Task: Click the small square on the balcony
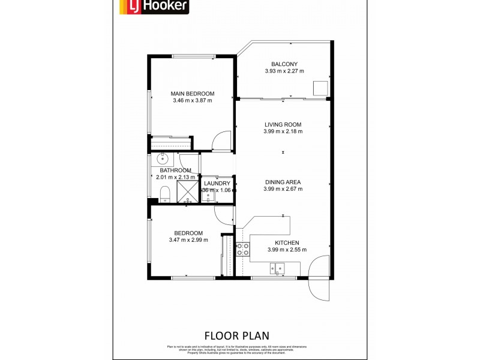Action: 320,88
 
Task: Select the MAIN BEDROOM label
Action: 192,94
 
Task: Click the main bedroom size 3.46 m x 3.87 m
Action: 192,101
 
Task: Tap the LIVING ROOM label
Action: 283,125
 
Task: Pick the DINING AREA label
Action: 282,182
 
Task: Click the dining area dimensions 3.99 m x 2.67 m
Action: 283,189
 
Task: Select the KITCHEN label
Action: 283,243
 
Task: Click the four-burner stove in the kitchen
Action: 243,249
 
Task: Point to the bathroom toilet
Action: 164,193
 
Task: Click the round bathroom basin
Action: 162,159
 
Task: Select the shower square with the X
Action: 188,191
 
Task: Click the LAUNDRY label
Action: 217,184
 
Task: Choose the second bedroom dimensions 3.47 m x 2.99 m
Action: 188,241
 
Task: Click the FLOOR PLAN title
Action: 237,335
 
